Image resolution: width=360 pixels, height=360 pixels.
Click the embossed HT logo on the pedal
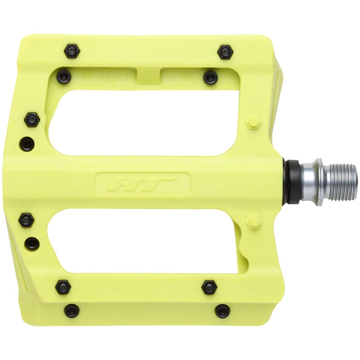click(143, 183)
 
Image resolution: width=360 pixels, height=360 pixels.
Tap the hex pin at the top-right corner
click(225, 52)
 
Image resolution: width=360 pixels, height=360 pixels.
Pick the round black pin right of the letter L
click(211, 77)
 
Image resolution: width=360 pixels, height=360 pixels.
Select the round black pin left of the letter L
click(65, 76)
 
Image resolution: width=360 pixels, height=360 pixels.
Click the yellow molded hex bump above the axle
click(254, 121)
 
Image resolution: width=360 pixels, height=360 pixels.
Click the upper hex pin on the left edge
click(32, 119)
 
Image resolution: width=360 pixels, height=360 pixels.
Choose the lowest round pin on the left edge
click(31, 243)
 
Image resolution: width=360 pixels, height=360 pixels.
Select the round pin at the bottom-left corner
click(72, 310)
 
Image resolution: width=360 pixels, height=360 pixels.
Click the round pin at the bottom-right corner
click(222, 311)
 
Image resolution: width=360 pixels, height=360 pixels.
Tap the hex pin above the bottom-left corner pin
click(63, 287)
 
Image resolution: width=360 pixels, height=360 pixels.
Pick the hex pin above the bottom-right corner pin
click(209, 287)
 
